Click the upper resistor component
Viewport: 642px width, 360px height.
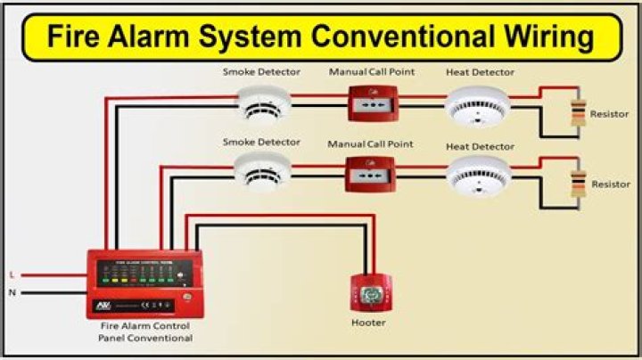579,113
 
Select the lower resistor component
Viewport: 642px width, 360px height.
579,183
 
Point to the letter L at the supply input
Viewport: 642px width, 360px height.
12,274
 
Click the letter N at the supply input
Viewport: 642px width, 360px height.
12,291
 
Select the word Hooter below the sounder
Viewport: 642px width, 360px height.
368,322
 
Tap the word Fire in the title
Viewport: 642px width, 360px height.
75,37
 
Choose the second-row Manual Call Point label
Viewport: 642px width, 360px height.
370,143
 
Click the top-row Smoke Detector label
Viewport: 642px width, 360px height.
261,72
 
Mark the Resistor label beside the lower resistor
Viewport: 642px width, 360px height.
611,184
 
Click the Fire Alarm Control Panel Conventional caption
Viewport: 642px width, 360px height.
145,332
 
